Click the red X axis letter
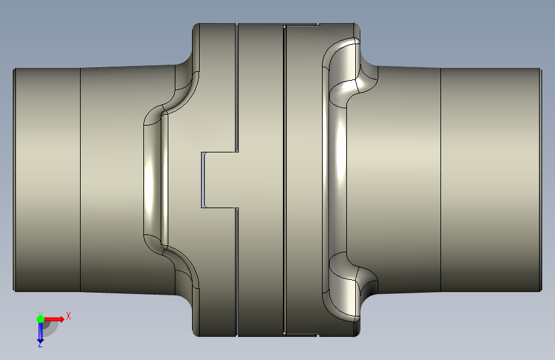pyautogui.click(x=68, y=316)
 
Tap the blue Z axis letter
pyautogui.click(x=40, y=344)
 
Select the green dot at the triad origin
pyautogui.click(x=40, y=319)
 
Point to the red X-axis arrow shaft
pyautogui.click(x=53, y=319)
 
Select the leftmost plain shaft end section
pyautogui.click(x=47, y=180)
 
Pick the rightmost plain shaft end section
pyautogui.click(x=491, y=180)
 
